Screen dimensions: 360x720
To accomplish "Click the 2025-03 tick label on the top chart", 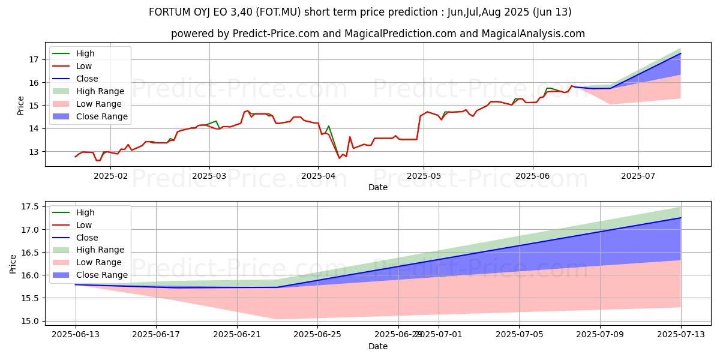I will pyautogui.click(x=209, y=176).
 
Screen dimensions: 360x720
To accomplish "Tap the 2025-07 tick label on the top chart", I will pyautogui.click(x=638, y=176).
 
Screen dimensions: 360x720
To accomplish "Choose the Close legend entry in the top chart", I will pyautogui.click(x=87, y=79).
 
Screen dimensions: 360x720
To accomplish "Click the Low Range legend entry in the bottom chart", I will pyautogui.click(x=98, y=262).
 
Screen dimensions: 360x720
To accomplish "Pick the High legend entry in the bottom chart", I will pyautogui.click(x=85, y=212).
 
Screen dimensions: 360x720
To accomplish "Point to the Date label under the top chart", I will pyautogui.click(x=378, y=187).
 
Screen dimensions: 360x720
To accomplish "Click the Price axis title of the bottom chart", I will pyautogui.click(x=13, y=264).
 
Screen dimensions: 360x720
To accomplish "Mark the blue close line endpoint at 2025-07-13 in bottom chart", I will pyautogui.click(x=680, y=218).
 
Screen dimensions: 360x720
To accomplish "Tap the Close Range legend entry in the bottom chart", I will pyautogui.click(x=101, y=275).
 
